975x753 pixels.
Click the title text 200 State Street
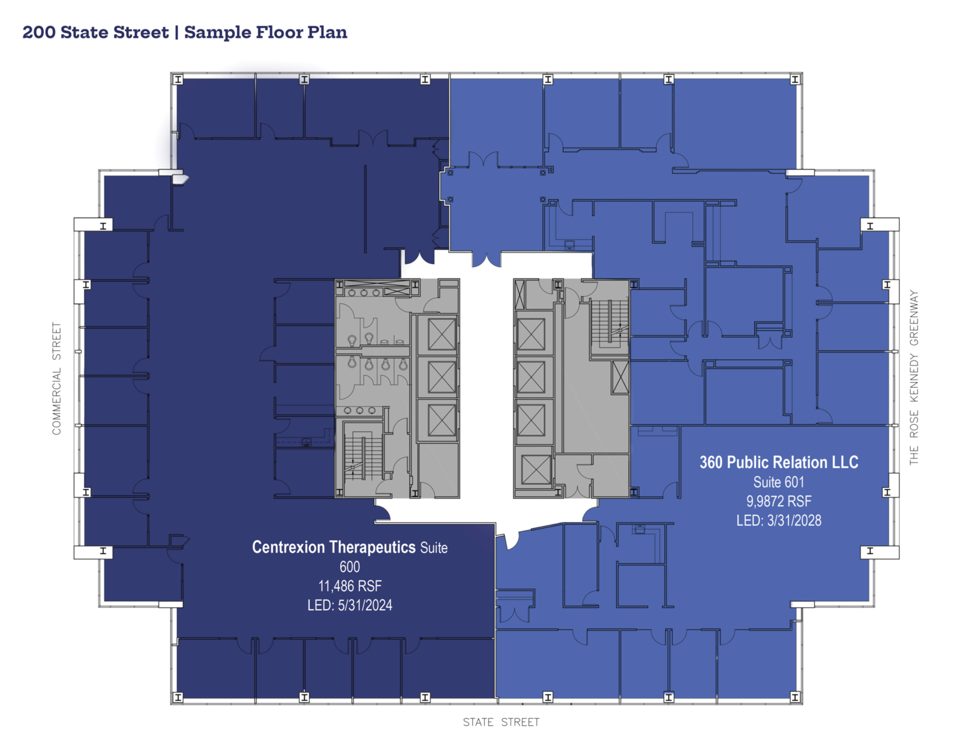click(95, 32)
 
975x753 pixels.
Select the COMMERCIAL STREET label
click(57, 378)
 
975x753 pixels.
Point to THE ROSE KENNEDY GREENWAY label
click(914, 378)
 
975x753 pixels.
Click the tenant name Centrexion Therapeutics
click(333, 547)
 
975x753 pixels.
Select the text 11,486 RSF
click(350, 586)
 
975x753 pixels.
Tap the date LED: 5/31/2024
click(350, 605)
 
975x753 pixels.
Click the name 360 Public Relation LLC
click(778, 463)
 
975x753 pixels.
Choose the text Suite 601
click(778, 482)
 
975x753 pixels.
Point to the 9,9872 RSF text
click(778, 501)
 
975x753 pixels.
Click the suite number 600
click(350, 567)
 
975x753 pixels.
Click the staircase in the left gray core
click(363, 457)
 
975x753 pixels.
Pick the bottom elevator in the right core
click(536, 469)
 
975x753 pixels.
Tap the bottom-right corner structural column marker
click(795, 697)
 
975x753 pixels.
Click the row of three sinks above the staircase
click(359, 410)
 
